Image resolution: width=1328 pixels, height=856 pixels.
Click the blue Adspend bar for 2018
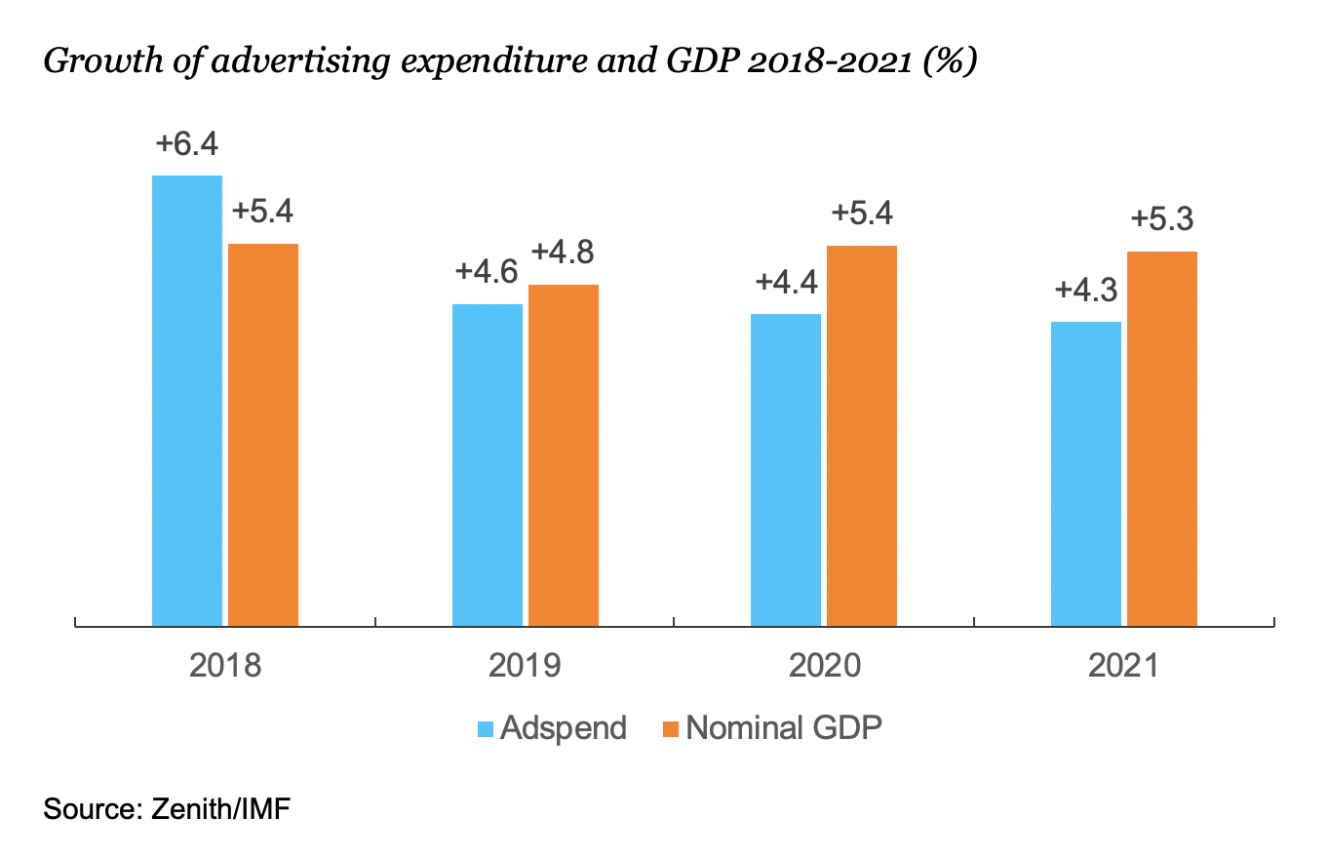click(187, 400)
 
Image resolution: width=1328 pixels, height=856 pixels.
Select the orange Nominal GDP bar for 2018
click(263, 434)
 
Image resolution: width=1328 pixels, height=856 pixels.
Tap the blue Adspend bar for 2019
click(488, 464)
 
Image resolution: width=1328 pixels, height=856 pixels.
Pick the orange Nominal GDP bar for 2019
click(564, 454)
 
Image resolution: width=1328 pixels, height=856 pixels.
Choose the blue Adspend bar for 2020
click(786, 469)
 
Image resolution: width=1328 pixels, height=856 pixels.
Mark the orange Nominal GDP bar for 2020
click(862, 435)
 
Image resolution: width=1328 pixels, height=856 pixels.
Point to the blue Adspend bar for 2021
click(1086, 473)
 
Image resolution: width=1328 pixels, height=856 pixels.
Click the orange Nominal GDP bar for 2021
click(1162, 438)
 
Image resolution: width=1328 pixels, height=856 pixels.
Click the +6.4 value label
click(187, 144)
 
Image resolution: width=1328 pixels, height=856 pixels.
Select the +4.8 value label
click(563, 253)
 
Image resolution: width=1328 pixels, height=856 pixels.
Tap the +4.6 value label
click(487, 272)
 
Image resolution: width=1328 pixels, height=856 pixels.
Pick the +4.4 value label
click(787, 283)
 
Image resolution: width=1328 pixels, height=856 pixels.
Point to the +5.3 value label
click(1162, 220)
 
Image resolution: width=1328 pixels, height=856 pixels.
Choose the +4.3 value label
click(1086, 291)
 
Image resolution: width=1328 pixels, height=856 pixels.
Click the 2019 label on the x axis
click(525, 667)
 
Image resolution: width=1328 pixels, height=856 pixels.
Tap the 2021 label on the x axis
click(1124, 667)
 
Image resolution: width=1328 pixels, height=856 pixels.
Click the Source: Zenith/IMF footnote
click(166, 809)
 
